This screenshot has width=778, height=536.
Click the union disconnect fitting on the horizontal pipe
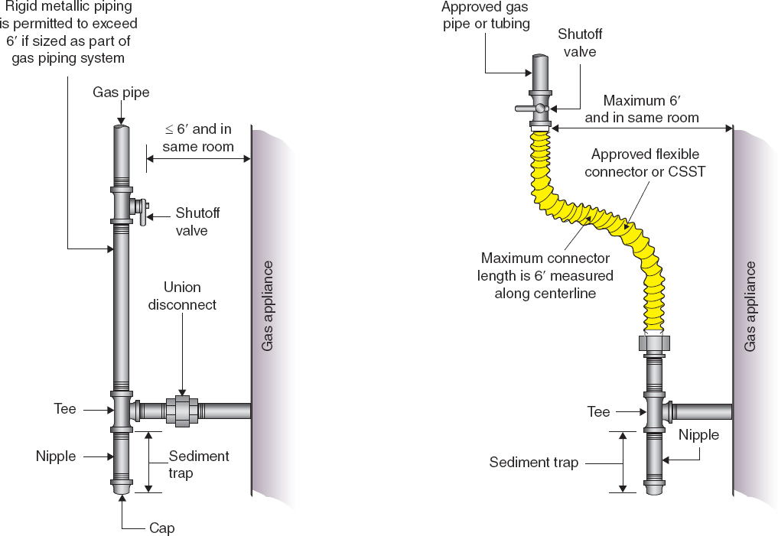(182, 411)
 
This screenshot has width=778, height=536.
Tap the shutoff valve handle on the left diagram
(142, 212)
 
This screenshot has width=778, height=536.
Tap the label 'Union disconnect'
(182, 296)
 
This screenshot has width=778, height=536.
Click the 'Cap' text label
(162, 528)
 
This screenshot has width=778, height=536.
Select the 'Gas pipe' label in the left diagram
(121, 93)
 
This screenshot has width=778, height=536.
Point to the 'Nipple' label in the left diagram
(56, 456)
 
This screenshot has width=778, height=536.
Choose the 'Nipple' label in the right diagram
(698, 435)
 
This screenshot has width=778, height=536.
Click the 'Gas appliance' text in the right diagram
(750, 307)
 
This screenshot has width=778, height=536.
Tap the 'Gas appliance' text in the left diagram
(267, 306)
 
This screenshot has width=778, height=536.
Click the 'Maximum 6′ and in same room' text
(642, 109)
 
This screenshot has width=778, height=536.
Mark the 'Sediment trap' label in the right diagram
(534, 462)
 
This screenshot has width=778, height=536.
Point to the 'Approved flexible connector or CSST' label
(645, 163)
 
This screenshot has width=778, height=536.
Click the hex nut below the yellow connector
(655, 343)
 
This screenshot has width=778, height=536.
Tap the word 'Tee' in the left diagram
(65, 409)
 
